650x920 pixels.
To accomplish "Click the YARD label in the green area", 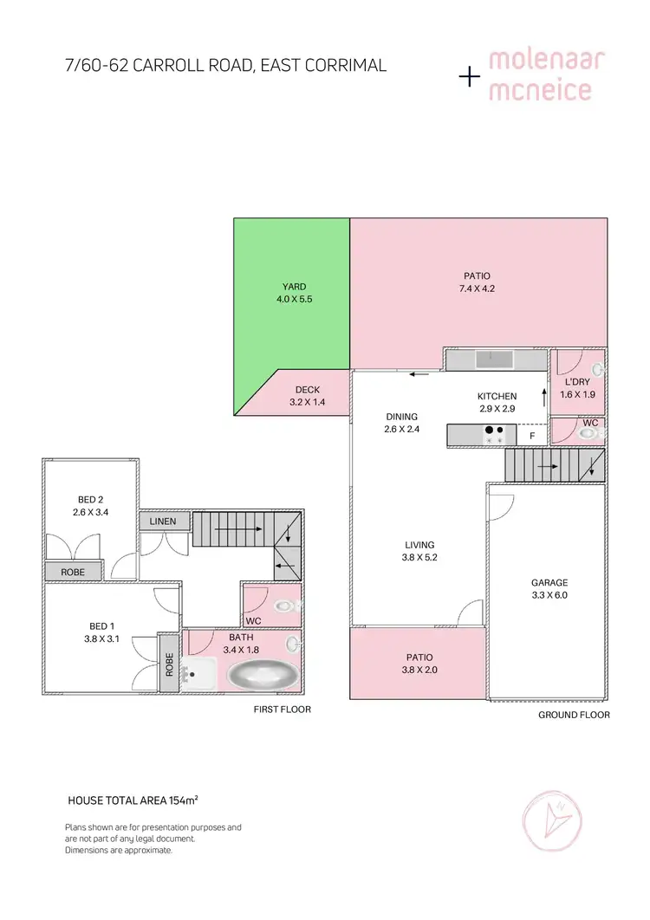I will coord(294,287).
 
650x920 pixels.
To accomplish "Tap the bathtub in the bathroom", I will coord(262,674).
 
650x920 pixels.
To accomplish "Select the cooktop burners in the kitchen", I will coord(494,434).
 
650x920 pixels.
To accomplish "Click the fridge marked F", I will coord(533,435).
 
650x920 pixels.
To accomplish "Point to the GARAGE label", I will coord(549,582).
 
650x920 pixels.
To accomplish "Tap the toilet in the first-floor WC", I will coord(283,606).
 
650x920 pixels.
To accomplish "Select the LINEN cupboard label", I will coord(163,522).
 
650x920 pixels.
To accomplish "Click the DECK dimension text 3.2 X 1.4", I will coord(307,402).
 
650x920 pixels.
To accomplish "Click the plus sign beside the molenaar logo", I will coord(469,78).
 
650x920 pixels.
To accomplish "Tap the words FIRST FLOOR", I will coord(282,709).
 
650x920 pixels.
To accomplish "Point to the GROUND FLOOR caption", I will coord(574,715).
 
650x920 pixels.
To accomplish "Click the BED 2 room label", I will coord(90,499).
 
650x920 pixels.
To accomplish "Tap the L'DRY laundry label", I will coord(577,382).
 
